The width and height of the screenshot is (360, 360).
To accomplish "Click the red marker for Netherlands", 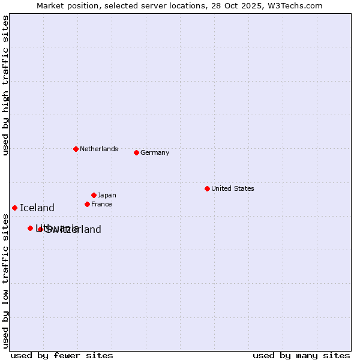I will coord(76,149).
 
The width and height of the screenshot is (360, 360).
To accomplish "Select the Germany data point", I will coord(136,152).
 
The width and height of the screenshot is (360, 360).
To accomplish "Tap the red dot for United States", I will coord(207,188).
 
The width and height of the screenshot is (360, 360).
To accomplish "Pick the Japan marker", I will coord(94,195).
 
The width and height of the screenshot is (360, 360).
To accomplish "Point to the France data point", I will coord(87,204).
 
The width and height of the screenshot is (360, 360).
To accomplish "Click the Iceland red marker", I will coord(14,208).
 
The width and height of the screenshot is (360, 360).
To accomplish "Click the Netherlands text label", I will coord(99,149).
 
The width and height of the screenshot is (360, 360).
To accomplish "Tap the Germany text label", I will coord(155,152).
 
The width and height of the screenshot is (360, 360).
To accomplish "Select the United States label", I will coord(233,188).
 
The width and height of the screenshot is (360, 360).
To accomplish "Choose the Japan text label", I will coord(107,195).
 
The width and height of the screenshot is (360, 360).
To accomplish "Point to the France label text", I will coord(101,204).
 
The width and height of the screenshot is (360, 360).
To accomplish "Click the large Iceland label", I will coord(37,208).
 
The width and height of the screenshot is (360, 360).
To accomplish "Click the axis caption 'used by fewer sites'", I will coord(62,355).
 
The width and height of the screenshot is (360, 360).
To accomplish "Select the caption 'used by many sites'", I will coord(301,355).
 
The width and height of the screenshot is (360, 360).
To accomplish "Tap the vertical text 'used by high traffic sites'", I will coord(5,86).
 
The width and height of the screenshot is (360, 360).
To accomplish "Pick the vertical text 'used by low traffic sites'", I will coord(5,281).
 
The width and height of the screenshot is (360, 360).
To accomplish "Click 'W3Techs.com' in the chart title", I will coord(296,5).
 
